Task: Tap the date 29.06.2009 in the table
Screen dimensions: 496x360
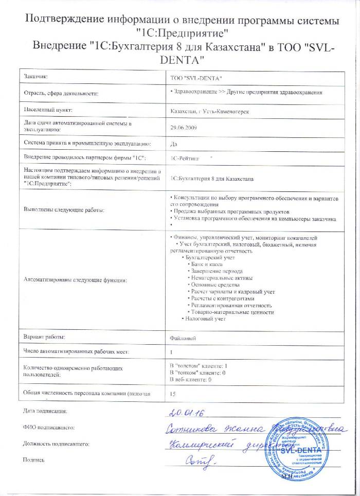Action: tap(184, 127)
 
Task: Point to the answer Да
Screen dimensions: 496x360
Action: tap(173, 144)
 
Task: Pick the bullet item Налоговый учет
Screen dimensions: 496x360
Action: tap(206, 319)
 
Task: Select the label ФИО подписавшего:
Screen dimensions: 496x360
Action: tap(49, 427)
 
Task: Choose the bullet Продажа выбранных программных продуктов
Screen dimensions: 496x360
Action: tap(231, 212)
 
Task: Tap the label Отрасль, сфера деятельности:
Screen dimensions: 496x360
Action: tap(61, 93)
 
